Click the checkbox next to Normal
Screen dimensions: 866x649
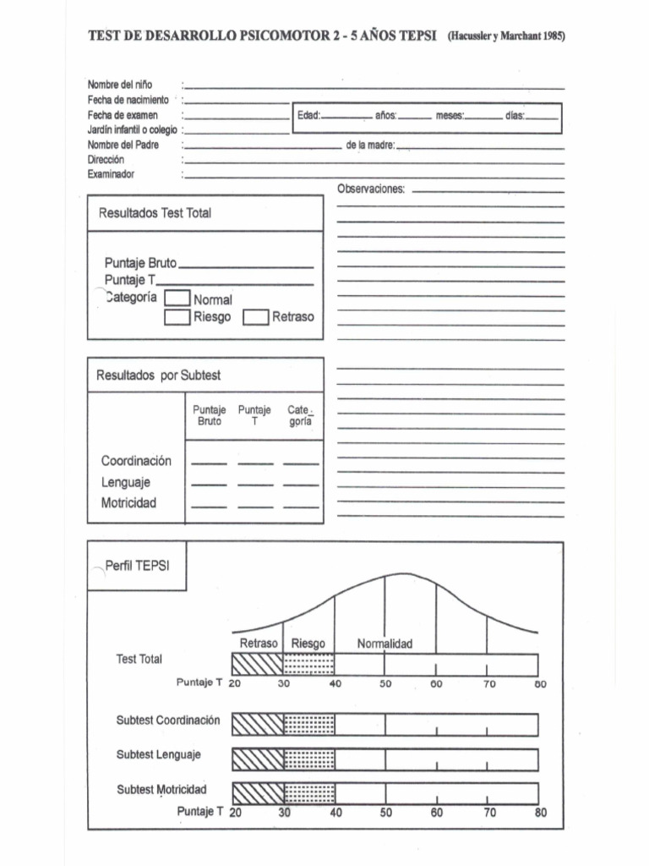click(177, 299)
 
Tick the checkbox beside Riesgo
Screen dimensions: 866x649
click(177, 317)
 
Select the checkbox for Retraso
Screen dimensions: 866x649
click(255, 317)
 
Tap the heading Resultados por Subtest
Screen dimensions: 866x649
click(159, 375)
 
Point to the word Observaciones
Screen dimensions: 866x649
click(370, 189)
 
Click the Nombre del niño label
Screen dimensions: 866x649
click(119, 85)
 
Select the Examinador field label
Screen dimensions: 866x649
click(111, 174)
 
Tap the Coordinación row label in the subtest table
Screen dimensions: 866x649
click(136, 461)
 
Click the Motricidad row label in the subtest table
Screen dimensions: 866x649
click(128, 503)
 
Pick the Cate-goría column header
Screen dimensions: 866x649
click(301, 415)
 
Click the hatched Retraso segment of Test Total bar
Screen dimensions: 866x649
click(257, 664)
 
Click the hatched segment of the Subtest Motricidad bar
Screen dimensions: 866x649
click(257, 793)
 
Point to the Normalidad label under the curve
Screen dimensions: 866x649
click(384, 644)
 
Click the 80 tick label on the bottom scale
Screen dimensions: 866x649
click(540, 814)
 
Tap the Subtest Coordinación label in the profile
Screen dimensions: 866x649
click(167, 721)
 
